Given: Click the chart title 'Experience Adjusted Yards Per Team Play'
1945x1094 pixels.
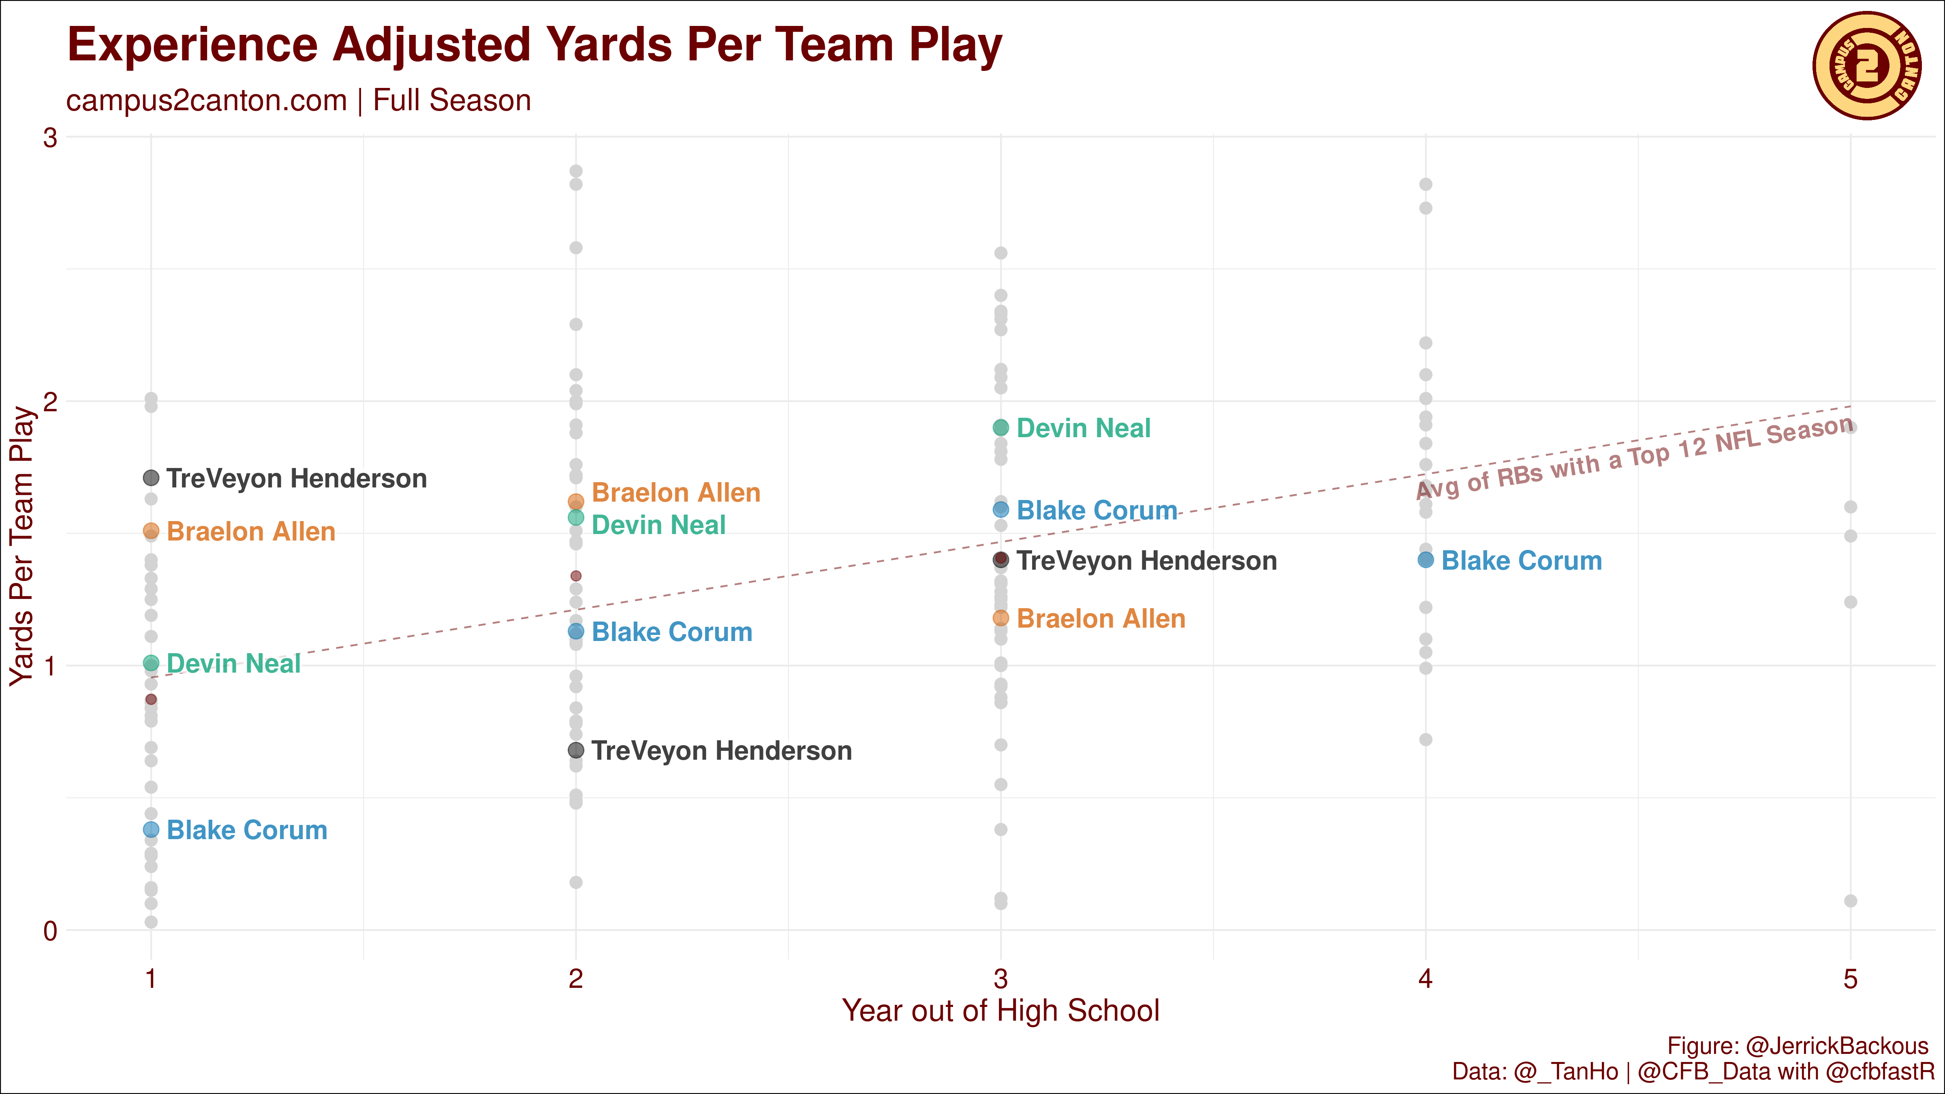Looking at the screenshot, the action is coord(534,45).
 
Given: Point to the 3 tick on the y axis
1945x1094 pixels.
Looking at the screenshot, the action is coord(50,137).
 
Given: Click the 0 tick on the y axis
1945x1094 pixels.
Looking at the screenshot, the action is coord(50,931).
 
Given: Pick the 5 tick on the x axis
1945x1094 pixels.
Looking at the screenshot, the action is coord(1850,979).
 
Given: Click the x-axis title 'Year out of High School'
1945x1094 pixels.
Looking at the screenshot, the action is coord(1000,1011).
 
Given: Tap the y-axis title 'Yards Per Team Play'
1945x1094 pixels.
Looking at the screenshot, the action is coord(23,546).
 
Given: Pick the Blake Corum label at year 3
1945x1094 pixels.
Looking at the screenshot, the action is coord(1097,511).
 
